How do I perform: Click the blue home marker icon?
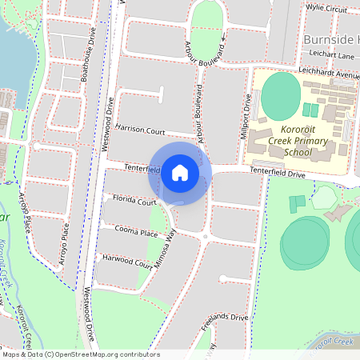[180, 172]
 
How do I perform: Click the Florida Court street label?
[134, 201]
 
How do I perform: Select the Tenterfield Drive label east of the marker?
[278, 173]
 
